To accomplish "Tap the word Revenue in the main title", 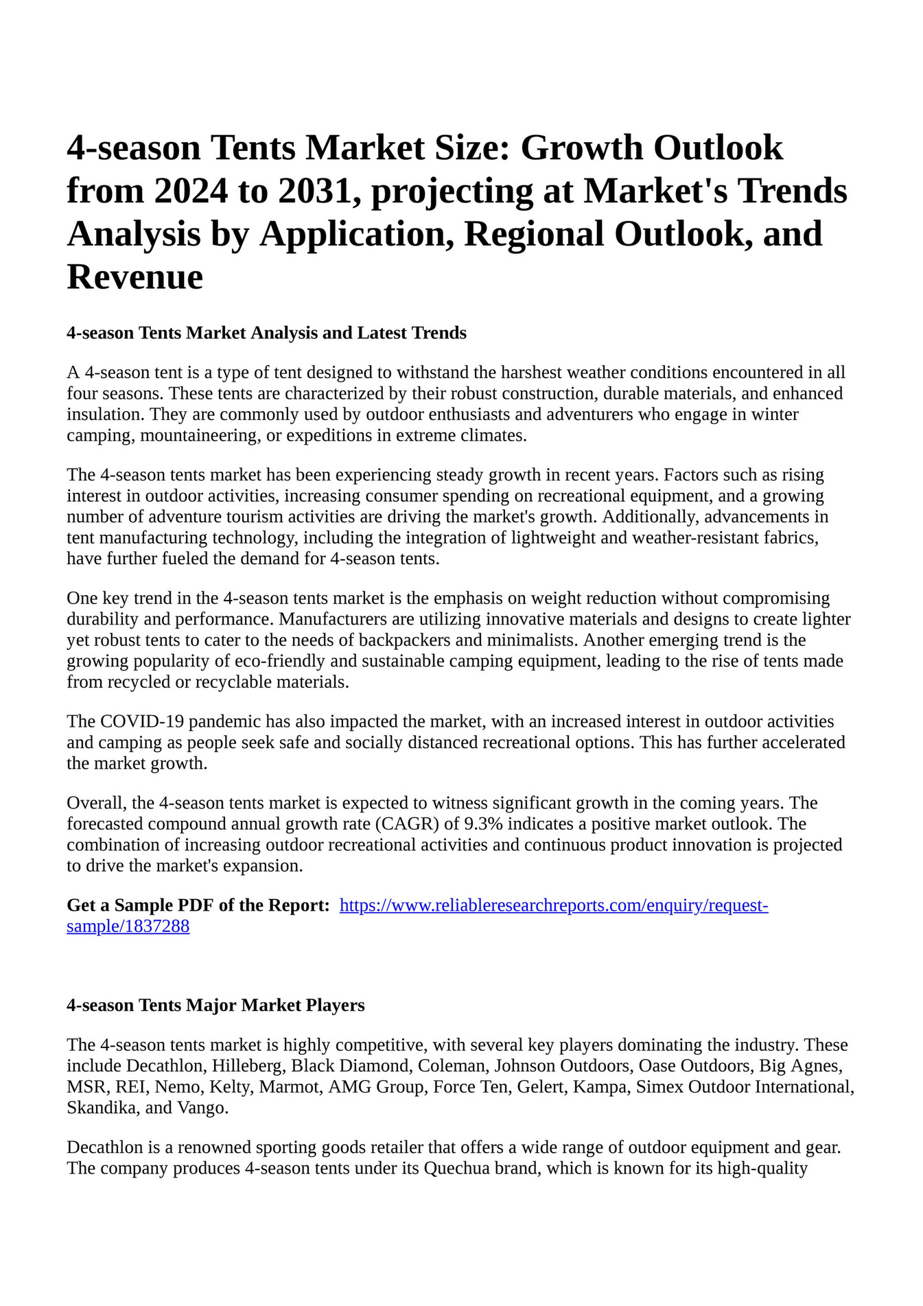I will pos(135,277).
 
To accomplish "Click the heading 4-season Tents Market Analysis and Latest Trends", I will pos(266,334).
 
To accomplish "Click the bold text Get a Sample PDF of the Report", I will pos(198,906).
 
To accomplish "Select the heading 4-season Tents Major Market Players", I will pos(215,1005).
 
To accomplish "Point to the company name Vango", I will pos(202,1108).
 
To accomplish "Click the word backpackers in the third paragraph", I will pos(402,640).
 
